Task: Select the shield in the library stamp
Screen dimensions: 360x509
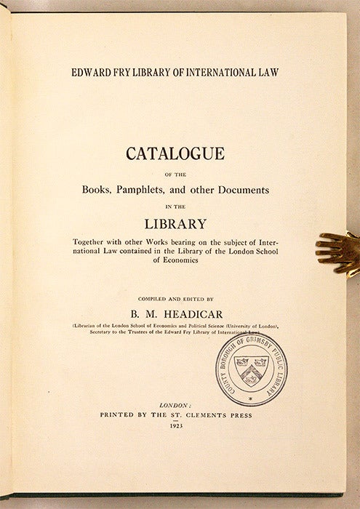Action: tap(252, 362)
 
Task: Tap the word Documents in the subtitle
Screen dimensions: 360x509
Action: tap(245, 188)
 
